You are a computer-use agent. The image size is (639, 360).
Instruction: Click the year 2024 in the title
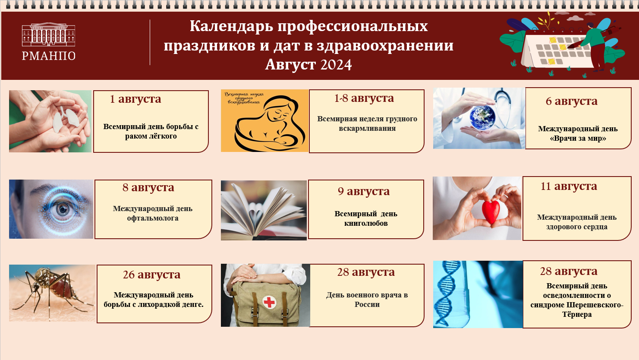(x=336, y=65)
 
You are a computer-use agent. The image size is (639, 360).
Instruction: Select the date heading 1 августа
(x=135, y=99)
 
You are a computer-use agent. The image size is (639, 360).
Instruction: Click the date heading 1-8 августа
(x=364, y=98)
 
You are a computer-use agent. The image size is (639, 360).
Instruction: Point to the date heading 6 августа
(x=571, y=101)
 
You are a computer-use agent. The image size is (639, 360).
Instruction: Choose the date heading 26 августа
(x=151, y=275)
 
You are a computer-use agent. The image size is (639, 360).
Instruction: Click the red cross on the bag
(x=269, y=302)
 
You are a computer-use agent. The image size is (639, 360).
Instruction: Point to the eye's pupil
(x=62, y=209)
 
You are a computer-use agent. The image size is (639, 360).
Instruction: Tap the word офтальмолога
(x=153, y=218)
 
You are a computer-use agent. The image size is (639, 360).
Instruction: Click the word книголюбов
(x=366, y=224)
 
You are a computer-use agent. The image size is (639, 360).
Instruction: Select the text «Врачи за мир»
(x=578, y=139)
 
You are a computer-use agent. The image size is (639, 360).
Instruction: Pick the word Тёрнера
(x=577, y=315)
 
